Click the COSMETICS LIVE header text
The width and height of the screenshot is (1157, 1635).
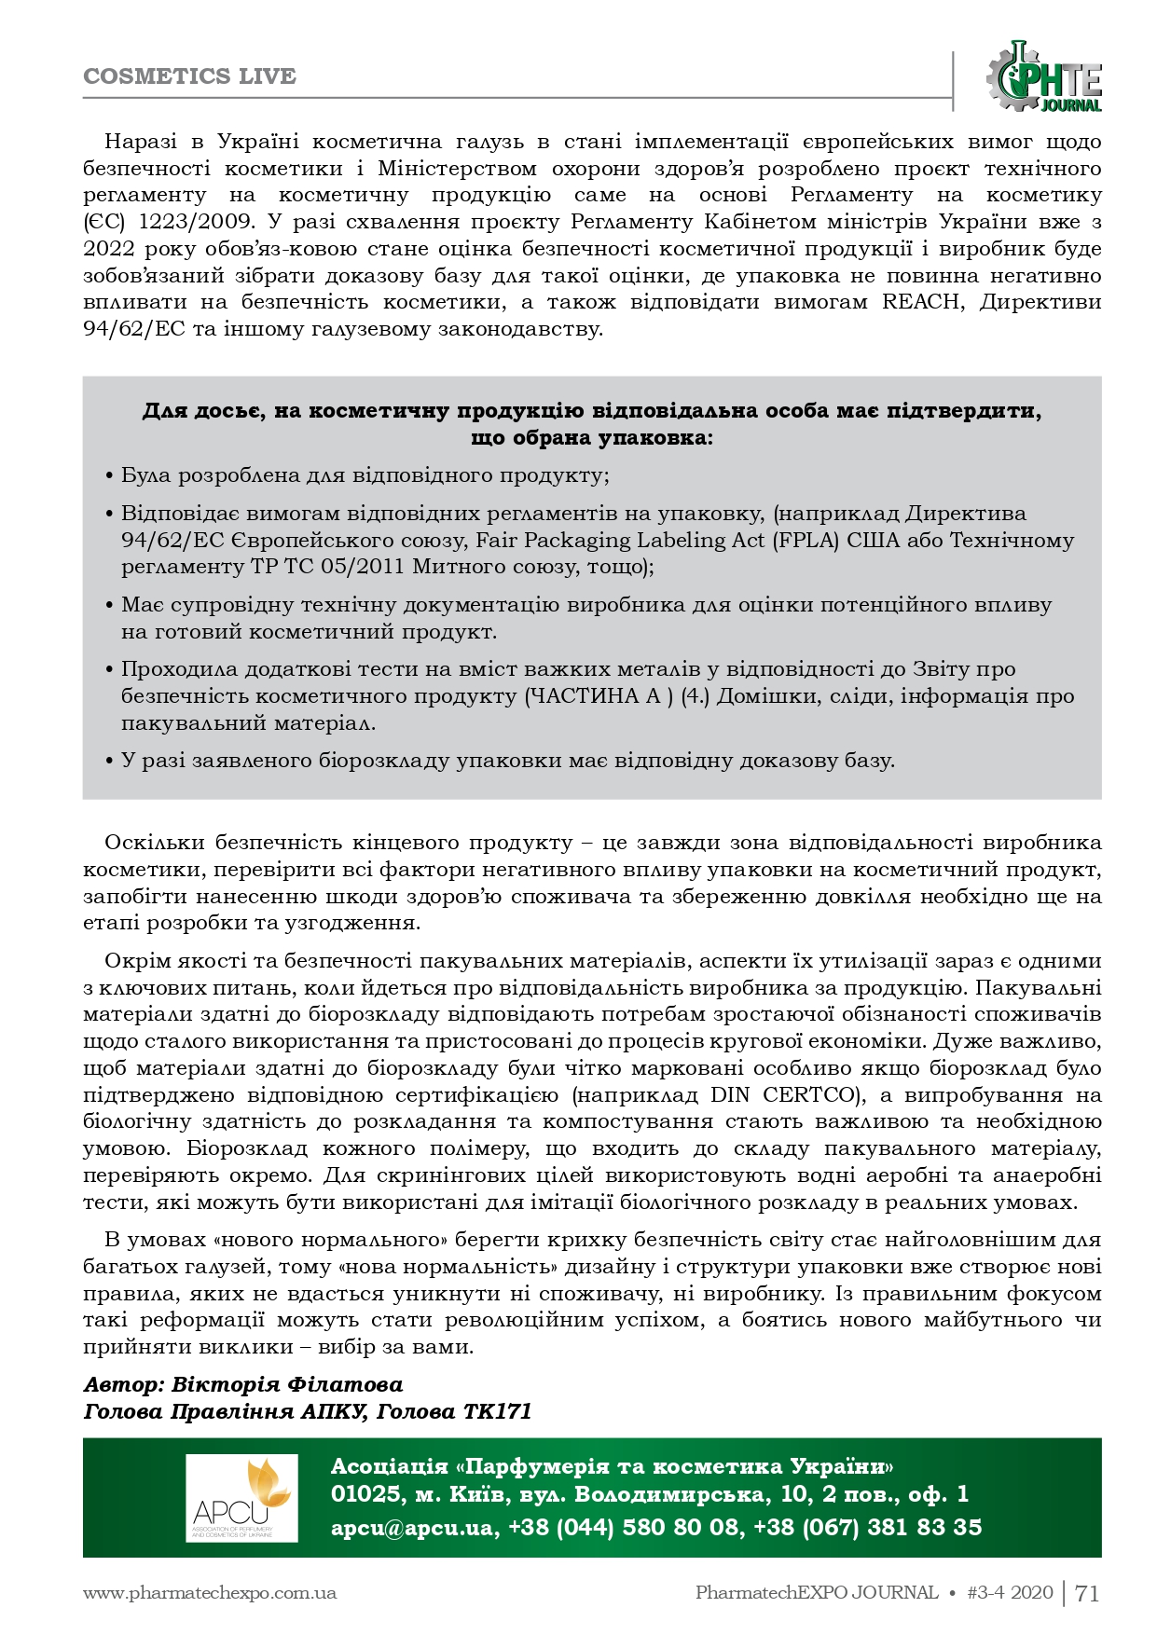(x=189, y=76)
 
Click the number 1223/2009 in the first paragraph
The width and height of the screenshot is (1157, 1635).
(x=194, y=222)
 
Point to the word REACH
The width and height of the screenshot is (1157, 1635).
(x=919, y=302)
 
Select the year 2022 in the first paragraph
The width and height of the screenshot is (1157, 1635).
(x=109, y=249)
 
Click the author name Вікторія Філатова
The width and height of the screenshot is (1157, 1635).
(x=287, y=1384)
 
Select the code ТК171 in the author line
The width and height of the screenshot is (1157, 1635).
(x=497, y=1411)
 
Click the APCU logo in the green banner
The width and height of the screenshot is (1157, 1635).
(x=241, y=1498)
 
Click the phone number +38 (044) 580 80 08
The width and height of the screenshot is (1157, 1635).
(x=626, y=1528)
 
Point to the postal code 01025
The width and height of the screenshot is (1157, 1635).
(x=364, y=1494)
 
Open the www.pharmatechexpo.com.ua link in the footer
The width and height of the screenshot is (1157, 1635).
(x=210, y=1593)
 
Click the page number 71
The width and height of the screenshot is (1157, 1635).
(x=1087, y=1593)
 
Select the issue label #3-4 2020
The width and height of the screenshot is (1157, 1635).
(x=1011, y=1593)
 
